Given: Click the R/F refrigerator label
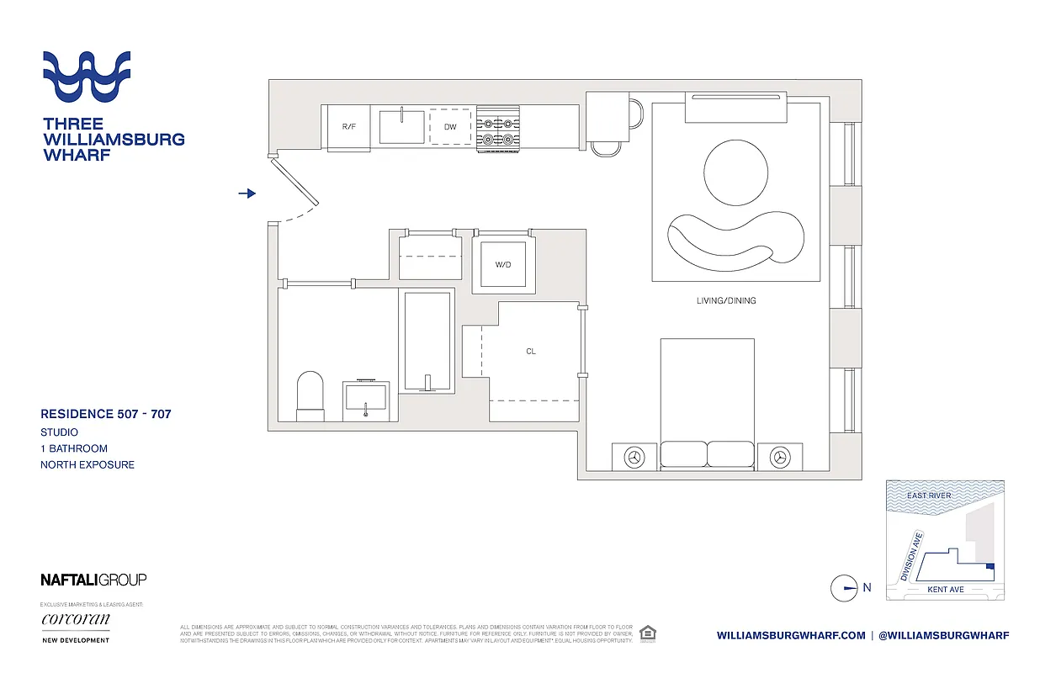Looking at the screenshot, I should (348, 126).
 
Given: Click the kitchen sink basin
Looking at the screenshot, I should (401, 127).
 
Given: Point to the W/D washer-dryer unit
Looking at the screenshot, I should (503, 265).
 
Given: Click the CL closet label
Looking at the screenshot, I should (531, 352).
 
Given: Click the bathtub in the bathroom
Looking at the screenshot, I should (428, 340).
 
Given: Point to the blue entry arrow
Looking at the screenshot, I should (247, 193).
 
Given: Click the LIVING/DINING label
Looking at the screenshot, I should (726, 300).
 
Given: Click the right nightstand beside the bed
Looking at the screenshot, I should (780, 457).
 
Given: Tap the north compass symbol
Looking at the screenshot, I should (844, 588).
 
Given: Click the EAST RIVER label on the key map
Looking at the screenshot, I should (928, 495).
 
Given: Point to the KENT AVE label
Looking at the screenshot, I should (945, 590).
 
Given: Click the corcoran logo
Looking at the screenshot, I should (75, 620).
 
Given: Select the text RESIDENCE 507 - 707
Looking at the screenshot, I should (106, 414).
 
